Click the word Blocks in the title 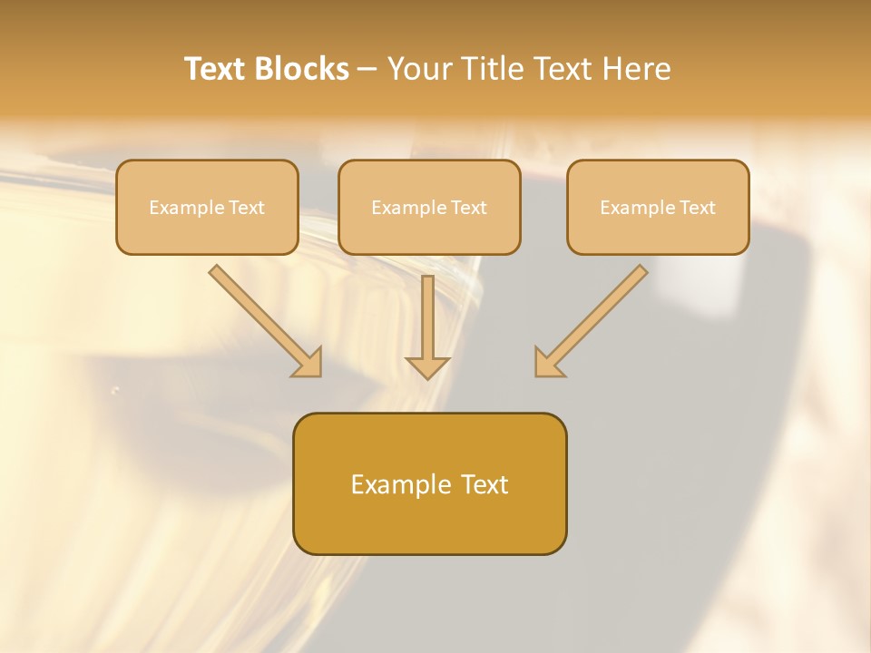(x=304, y=69)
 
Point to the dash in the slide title (x=367, y=70)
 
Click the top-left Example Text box (x=207, y=207)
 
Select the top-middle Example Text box (x=429, y=207)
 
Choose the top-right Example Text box (x=658, y=207)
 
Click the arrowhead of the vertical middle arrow (x=427, y=367)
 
